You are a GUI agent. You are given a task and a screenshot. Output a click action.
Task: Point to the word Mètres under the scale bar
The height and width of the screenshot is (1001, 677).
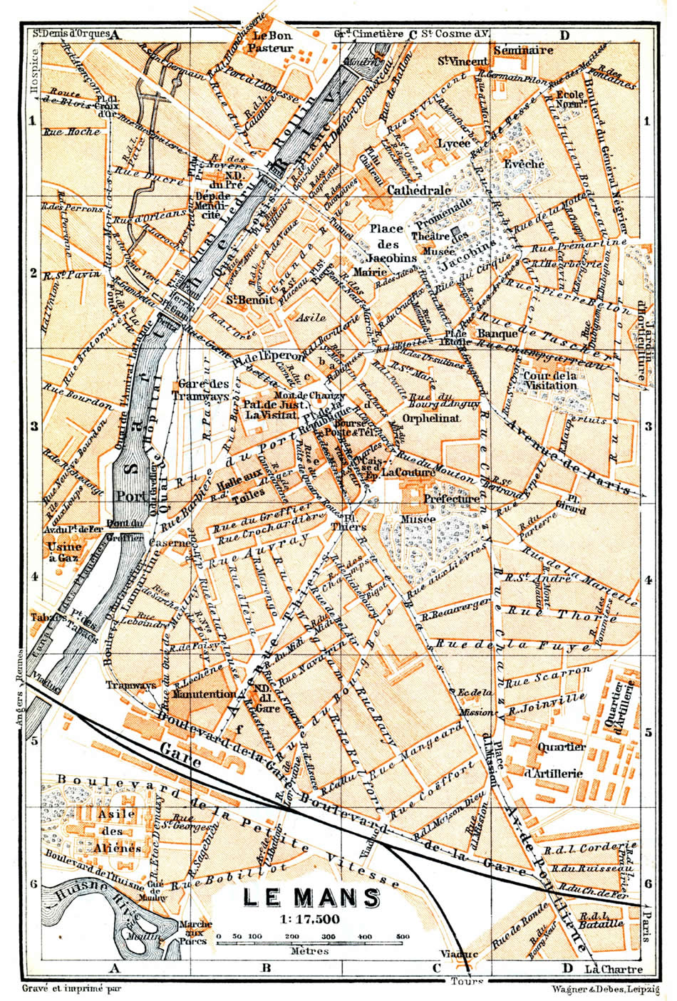point(309,950)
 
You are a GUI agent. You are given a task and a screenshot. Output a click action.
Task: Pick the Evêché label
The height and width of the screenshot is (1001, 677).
point(524,164)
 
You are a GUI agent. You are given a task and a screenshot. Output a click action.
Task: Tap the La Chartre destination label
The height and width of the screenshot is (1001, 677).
point(613,969)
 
